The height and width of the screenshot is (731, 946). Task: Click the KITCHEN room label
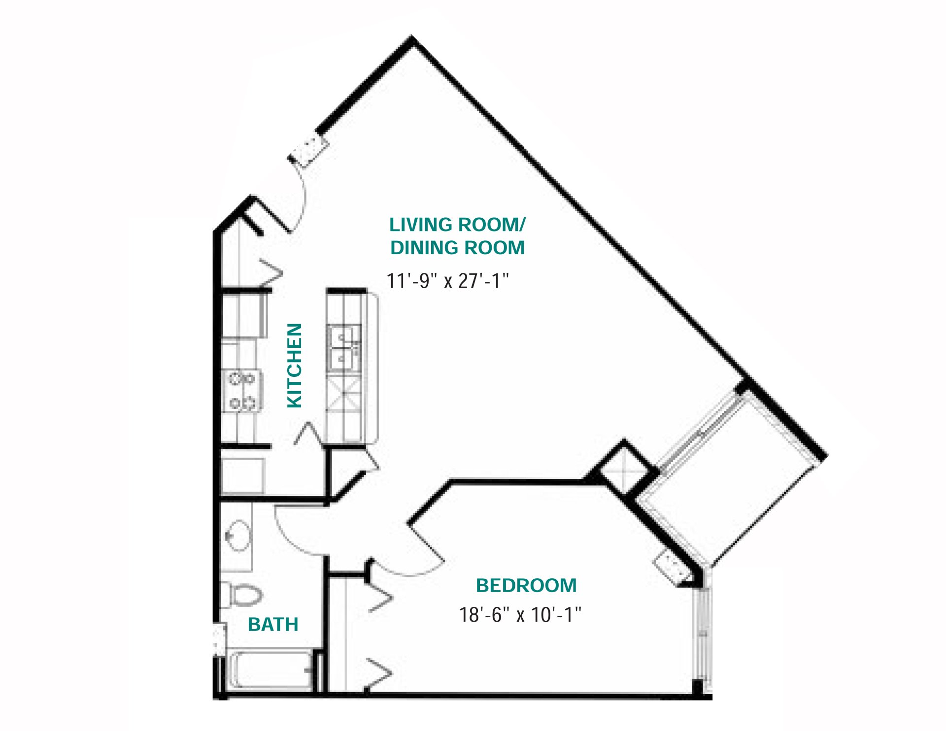click(294, 365)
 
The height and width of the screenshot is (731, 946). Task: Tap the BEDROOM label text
click(526, 585)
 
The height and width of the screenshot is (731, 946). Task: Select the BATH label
click(273, 624)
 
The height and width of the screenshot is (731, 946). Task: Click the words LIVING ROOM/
click(457, 225)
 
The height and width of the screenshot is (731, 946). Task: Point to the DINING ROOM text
click(457, 247)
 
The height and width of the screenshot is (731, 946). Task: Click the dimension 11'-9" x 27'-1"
click(447, 281)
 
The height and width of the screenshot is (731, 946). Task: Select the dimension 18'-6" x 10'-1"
click(520, 615)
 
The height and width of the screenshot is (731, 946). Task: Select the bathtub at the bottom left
click(270, 671)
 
